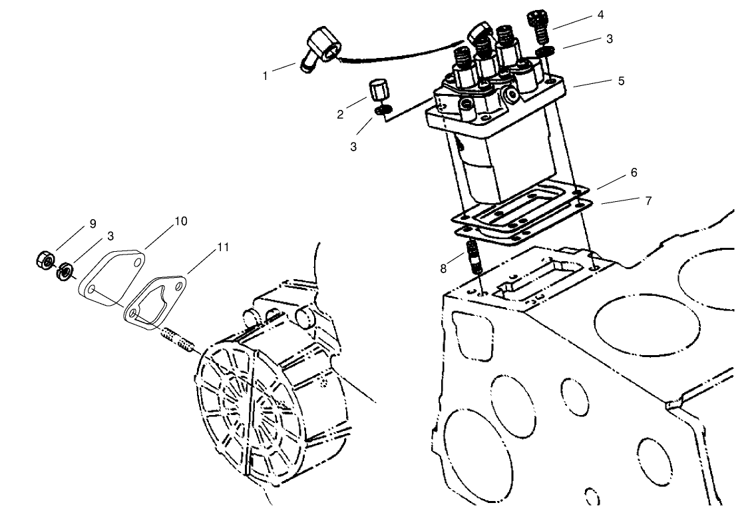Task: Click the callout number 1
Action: click(x=265, y=76)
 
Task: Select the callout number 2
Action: click(x=340, y=115)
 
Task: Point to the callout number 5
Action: click(x=621, y=81)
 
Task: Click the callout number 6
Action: click(x=634, y=173)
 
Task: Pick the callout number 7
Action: click(x=647, y=199)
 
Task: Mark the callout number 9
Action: click(x=93, y=223)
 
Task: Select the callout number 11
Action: click(x=223, y=247)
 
